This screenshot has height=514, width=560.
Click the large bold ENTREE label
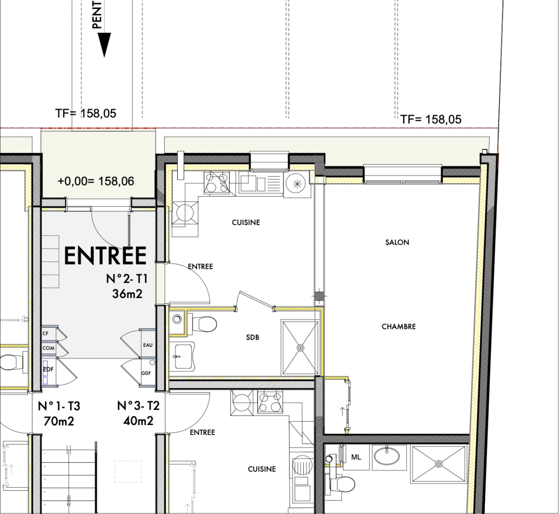click(x=105, y=256)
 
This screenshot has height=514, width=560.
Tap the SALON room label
click(x=397, y=242)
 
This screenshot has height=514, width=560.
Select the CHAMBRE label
click(x=399, y=326)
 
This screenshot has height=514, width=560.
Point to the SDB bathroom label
click(x=252, y=337)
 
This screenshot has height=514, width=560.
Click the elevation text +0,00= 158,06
click(x=96, y=181)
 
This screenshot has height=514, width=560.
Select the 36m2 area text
click(x=127, y=294)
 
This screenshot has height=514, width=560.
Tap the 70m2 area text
click(x=59, y=421)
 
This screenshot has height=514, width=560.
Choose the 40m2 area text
click(x=138, y=421)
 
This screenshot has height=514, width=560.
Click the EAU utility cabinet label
click(x=148, y=345)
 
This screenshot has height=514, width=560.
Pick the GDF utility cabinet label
click(x=146, y=373)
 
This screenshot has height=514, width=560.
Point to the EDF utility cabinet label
click(x=48, y=369)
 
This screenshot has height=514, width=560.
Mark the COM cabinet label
click(x=48, y=348)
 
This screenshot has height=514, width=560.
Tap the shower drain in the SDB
click(x=300, y=348)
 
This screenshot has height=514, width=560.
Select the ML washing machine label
click(x=356, y=457)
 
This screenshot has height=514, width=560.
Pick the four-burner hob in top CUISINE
click(x=216, y=182)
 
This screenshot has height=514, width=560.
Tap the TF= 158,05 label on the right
click(x=431, y=119)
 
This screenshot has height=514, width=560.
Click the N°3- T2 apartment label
click(x=138, y=406)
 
